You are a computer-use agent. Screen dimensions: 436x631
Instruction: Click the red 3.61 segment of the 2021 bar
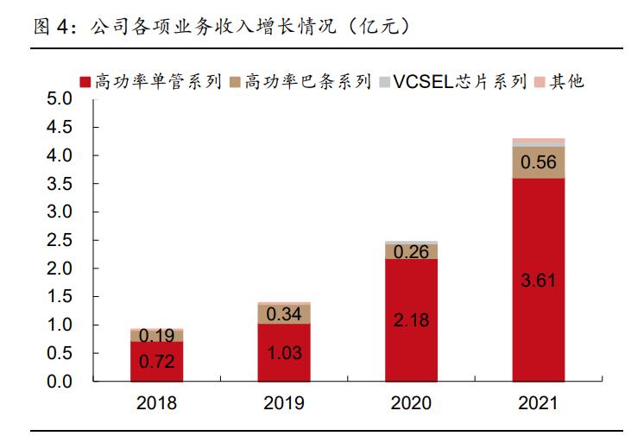click(x=538, y=279)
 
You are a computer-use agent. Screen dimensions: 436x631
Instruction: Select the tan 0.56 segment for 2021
click(x=538, y=162)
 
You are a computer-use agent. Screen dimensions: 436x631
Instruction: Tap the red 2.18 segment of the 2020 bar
click(x=411, y=319)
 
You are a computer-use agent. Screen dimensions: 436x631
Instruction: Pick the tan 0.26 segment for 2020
click(x=411, y=251)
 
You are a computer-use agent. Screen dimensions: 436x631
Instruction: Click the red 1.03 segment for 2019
click(x=284, y=352)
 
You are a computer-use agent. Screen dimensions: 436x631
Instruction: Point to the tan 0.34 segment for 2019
click(x=284, y=313)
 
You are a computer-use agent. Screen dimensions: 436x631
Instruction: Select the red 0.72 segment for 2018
click(x=157, y=361)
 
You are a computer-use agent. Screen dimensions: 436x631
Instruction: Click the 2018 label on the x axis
click(x=157, y=403)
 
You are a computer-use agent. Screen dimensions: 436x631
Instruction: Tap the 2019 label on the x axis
click(x=284, y=403)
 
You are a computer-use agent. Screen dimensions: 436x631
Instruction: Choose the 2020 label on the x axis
click(x=411, y=403)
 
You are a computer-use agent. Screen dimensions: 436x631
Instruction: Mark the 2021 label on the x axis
click(x=538, y=403)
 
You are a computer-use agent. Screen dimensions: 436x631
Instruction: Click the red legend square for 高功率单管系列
click(x=85, y=82)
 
